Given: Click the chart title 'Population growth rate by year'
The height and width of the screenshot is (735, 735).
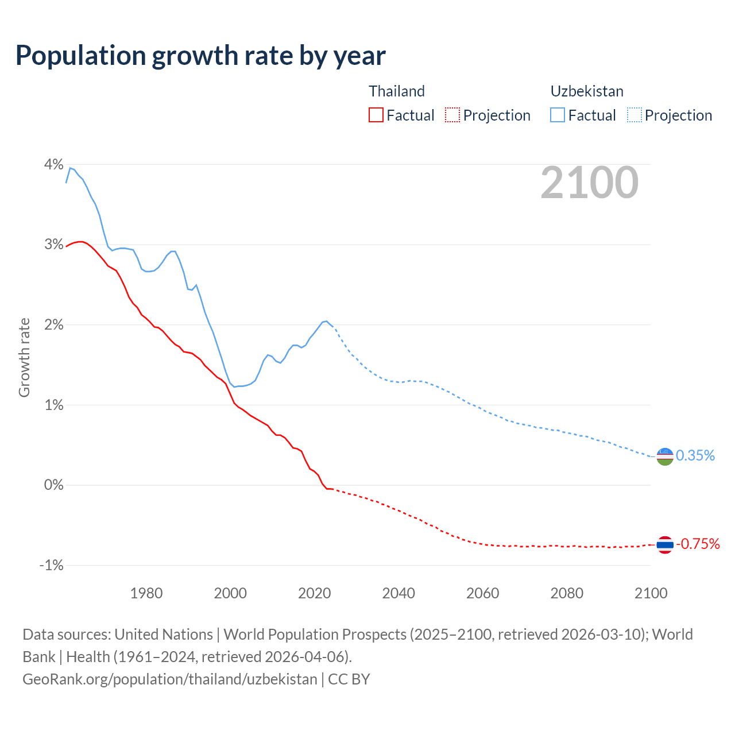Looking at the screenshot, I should [200, 56].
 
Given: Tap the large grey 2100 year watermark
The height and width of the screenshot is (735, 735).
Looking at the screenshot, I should [589, 183].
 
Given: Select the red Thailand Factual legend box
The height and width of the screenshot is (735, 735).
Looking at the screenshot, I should [376, 115].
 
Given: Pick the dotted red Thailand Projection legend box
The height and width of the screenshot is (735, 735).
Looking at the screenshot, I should [452, 115].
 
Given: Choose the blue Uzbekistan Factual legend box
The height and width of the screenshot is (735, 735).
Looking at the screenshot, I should [558, 115].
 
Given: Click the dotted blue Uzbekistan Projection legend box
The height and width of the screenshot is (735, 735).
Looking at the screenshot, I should [635, 115].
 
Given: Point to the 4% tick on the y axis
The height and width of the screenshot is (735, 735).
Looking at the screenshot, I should [54, 164].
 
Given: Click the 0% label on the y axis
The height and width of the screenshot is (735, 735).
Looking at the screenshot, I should [54, 485].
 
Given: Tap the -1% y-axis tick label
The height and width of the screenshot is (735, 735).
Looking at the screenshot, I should [52, 566].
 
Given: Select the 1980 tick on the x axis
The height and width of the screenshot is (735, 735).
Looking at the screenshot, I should [146, 593].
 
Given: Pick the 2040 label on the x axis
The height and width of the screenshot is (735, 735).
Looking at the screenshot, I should [399, 593].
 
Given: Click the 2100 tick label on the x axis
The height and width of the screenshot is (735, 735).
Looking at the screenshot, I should [651, 593].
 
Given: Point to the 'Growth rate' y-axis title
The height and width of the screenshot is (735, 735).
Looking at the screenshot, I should [24, 357].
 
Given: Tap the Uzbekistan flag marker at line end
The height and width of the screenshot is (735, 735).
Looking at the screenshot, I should [665, 457].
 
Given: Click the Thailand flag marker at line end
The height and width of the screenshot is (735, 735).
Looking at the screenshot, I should [665, 544].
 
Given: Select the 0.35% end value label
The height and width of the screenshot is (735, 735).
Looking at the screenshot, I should [695, 456].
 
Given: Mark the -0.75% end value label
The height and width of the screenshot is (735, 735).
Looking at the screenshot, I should [698, 544].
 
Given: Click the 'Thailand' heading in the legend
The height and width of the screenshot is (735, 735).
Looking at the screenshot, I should [397, 91].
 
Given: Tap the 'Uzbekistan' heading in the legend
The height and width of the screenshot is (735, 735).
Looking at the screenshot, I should [587, 91].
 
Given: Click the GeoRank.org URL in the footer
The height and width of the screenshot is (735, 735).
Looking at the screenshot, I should [170, 679].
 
